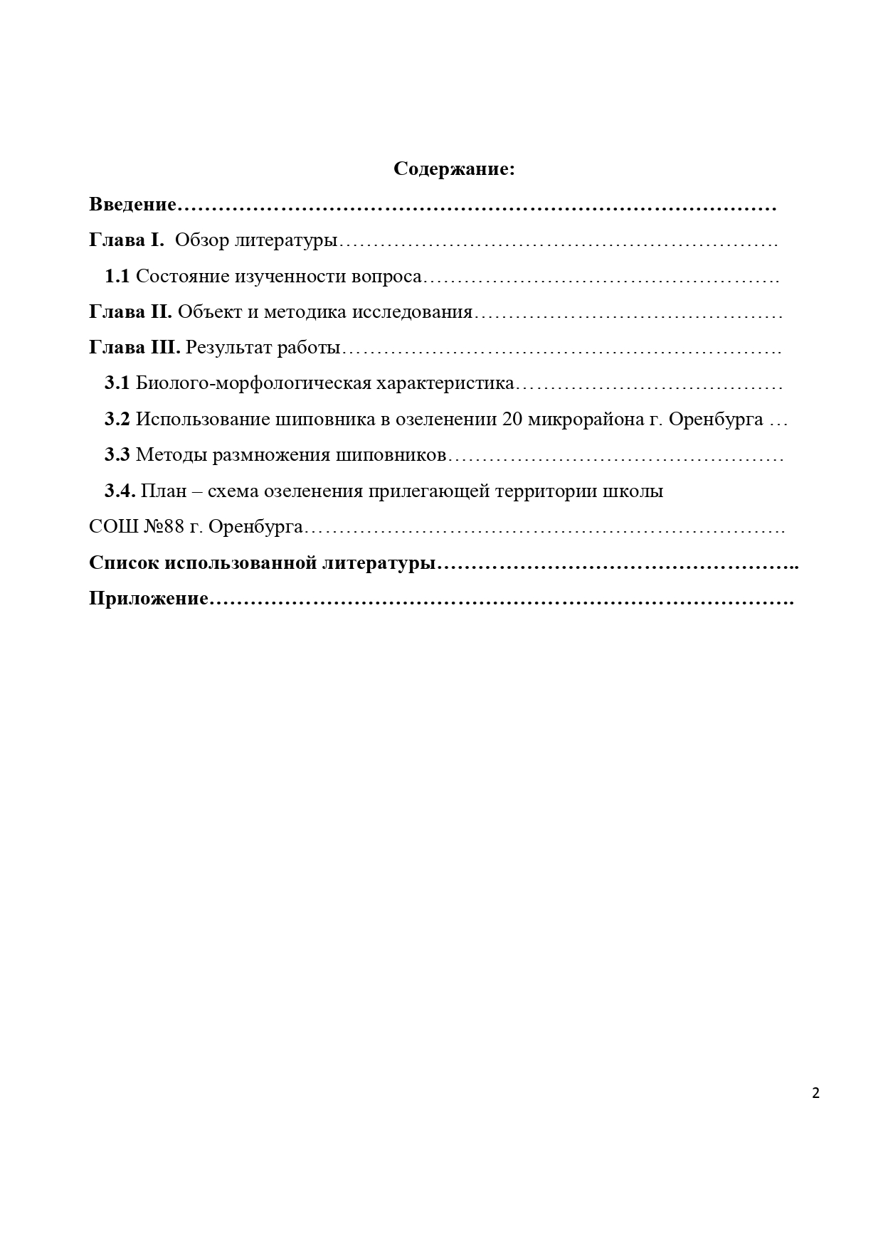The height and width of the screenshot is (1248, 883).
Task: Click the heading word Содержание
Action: [453, 169]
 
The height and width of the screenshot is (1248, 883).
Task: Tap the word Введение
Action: [132, 205]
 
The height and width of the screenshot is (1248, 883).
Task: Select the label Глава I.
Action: [126, 240]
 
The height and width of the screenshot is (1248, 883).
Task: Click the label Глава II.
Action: [130, 311]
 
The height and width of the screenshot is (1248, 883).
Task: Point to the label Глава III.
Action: [134, 348]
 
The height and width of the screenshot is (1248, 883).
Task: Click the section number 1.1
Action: [117, 276]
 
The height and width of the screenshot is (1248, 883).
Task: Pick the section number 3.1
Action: [117, 383]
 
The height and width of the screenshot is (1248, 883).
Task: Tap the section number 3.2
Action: [117, 419]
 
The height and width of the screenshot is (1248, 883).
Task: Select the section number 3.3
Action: [117, 455]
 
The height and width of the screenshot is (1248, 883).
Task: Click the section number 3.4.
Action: [120, 491]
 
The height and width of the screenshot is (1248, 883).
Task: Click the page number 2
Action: [815, 1094]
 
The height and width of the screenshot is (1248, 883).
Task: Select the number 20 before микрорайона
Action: [512, 419]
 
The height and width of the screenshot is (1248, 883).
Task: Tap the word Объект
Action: [202, 311]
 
